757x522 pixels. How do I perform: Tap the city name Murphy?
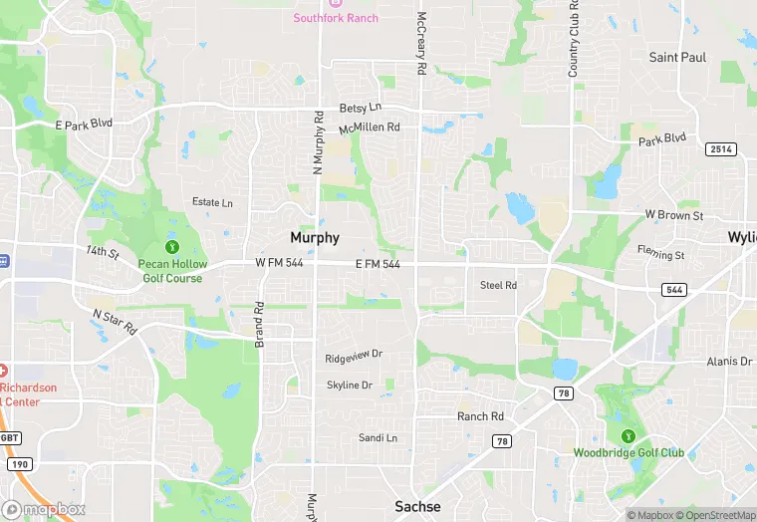click(315, 238)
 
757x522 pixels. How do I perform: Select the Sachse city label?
click(417, 506)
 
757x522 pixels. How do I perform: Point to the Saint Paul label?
click(677, 57)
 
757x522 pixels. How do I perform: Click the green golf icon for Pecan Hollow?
click(171, 246)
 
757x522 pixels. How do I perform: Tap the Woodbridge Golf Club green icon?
click(628, 435)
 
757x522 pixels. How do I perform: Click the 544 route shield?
click(672, 289)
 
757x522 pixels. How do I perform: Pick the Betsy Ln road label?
click(361, 108)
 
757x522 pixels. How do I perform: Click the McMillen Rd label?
click(369, 128)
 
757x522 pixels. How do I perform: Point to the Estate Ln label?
click(212, 202)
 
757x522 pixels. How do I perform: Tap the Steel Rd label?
click(498, 285)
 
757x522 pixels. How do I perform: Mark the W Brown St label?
click(674, 215)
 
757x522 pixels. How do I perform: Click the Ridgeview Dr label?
click(354, 357)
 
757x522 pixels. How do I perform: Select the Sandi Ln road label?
click(378, 438)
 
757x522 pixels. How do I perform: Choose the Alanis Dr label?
click(728, 362)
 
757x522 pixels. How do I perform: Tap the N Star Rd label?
click(115, 322)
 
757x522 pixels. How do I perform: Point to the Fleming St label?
click(661, 255)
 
